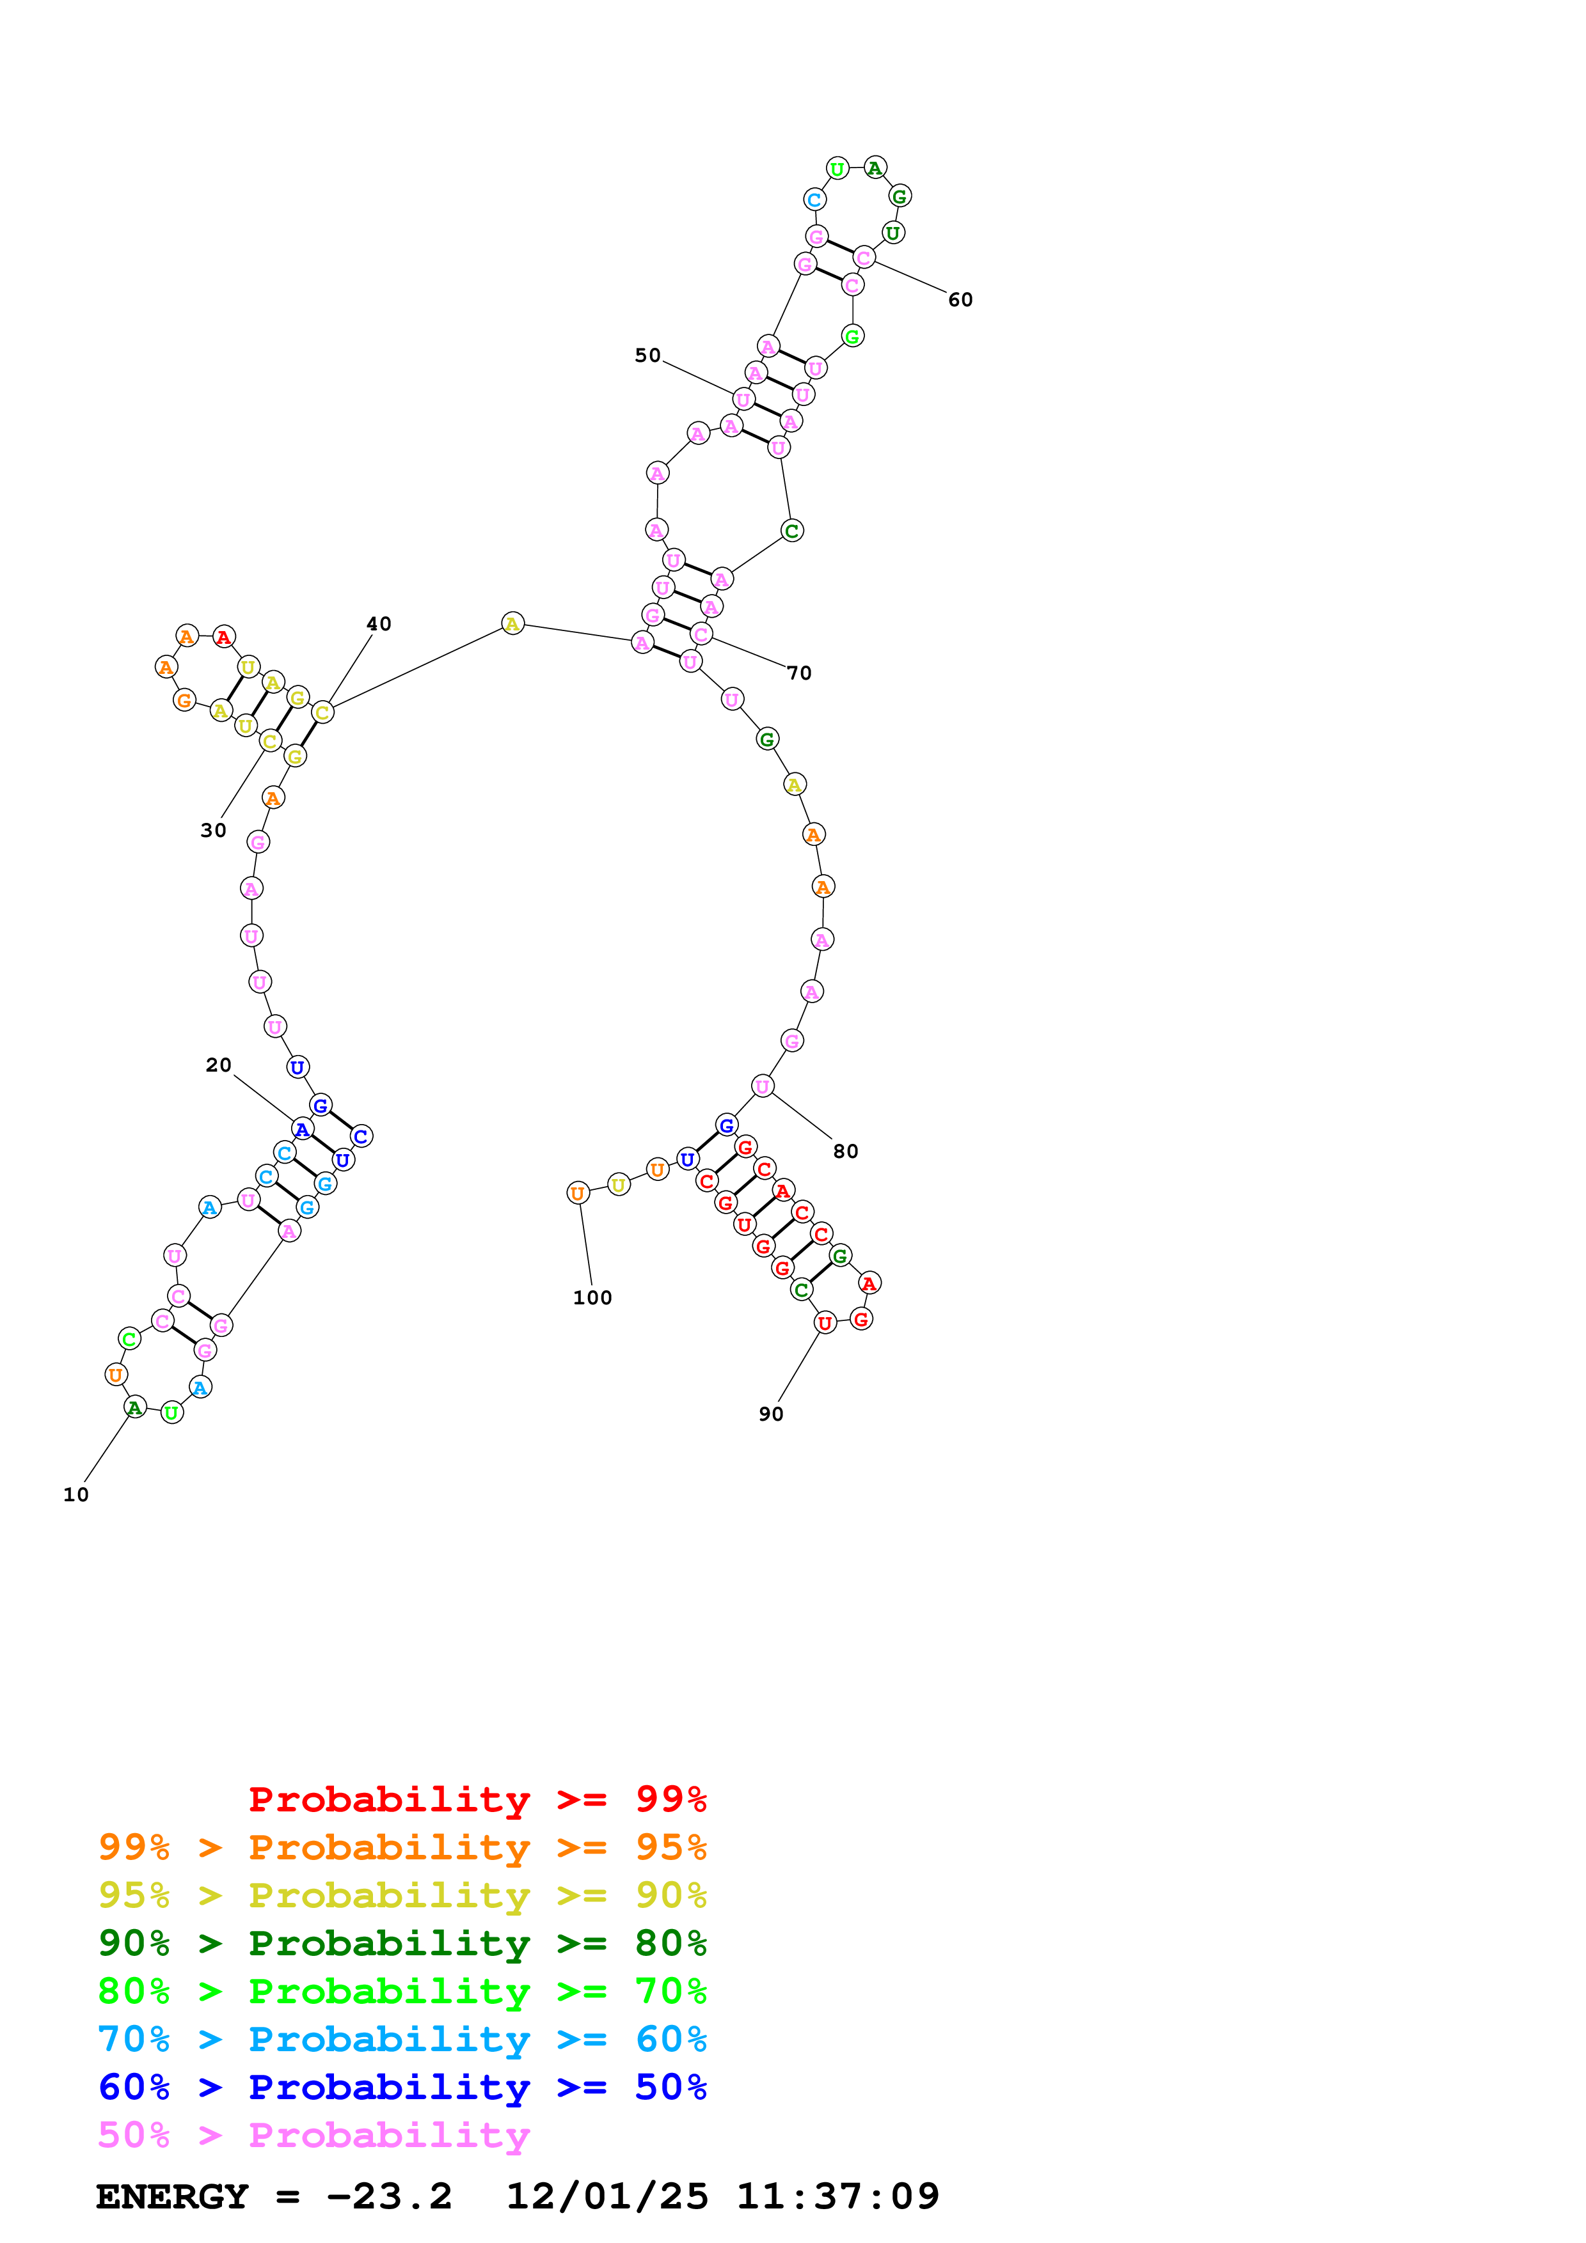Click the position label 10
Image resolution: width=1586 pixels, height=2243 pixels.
pyautogui.click(x=75, y=1495)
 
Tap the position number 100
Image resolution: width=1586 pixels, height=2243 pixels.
pyautogui.click(x=592, y=1299)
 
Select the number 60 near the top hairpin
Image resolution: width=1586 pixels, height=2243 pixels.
pyautogui.click(x=960, y=300)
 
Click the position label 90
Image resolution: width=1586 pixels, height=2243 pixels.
pyautogui.click(x=770, y=1414)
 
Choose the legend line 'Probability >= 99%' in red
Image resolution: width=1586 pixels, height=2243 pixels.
pyautogui.click(x=477, y=1799)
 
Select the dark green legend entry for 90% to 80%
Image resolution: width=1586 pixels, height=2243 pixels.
pyautogui.click(x=402, y=1943)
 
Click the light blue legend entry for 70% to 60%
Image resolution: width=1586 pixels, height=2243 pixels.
pyautogui.click(x=402, y=2039)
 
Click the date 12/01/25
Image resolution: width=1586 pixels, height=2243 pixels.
pyautogui.click(x=607, y=2197)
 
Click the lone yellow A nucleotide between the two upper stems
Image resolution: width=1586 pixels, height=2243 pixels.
pyautogui.click(x=512, y=623)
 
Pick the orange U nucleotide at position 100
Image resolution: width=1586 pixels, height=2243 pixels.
pyautogui.click(x=578, y=1193)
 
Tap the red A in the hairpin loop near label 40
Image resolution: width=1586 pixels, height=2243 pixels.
pyautogui.click(x=224, y=637)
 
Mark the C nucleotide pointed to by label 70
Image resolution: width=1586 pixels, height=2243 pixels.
pyautogui.click(x=701, y=634)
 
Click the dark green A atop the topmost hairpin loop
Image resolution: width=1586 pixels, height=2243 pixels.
pyautogui.click(x=875, y=168)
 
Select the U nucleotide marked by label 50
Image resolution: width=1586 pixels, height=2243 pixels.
pyautogui.click(x=743, y=400)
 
